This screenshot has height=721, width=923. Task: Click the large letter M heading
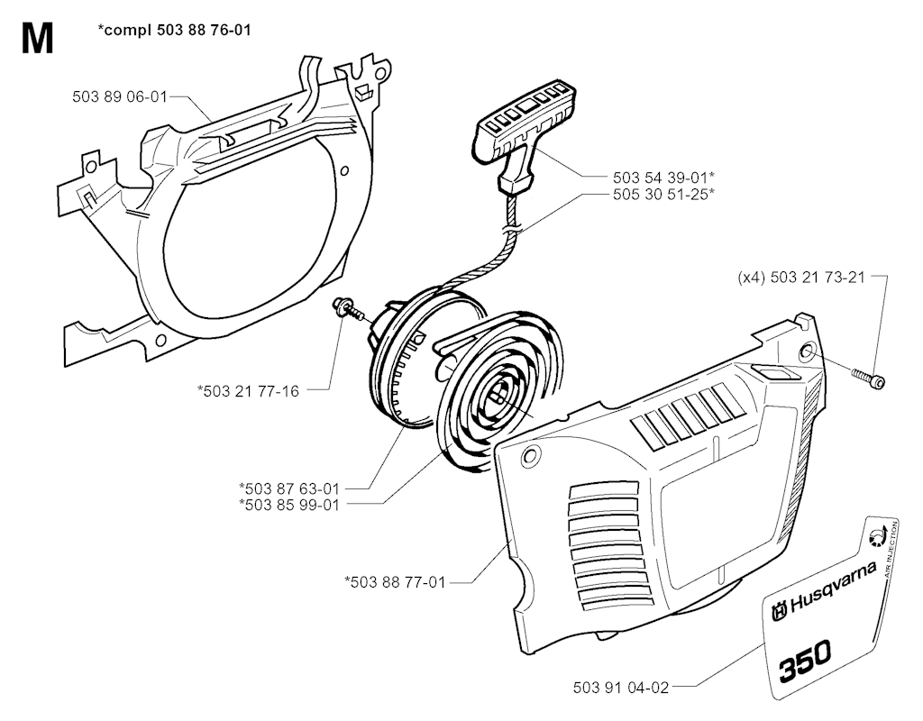point(37,39)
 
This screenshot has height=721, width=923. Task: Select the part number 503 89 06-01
point(120,96)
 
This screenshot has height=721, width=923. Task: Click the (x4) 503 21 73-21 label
point(801,277)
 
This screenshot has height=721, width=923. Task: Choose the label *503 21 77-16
point(248,391)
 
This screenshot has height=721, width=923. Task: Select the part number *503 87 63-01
point(289,488)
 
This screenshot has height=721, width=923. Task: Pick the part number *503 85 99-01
point(289,505)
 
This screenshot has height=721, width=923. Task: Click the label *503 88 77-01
point(395,582)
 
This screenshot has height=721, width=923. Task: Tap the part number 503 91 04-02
point(621,688)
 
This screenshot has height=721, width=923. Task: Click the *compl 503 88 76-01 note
point(174,30)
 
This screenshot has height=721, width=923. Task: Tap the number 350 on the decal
point(805,659)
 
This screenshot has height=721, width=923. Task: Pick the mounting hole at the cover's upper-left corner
point(531,455)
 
